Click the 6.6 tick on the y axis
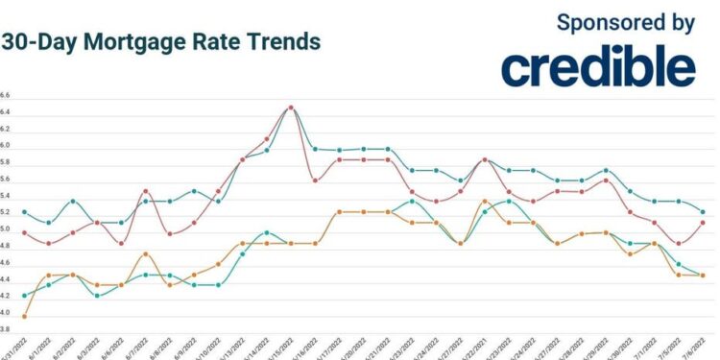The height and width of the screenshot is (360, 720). point(6,96)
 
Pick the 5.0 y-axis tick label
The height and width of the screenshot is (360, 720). point(6,230)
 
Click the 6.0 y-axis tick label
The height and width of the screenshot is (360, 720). point(6,146)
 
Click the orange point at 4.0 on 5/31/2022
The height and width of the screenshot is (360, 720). point(24,316)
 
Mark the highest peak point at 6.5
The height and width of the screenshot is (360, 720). point(291,108)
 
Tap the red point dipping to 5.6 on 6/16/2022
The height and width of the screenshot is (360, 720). point(315,180)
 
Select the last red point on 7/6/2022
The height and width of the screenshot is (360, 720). point(703,223)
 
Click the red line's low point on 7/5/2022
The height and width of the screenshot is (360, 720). point(679,244)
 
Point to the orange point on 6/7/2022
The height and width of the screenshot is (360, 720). point(145,254)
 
